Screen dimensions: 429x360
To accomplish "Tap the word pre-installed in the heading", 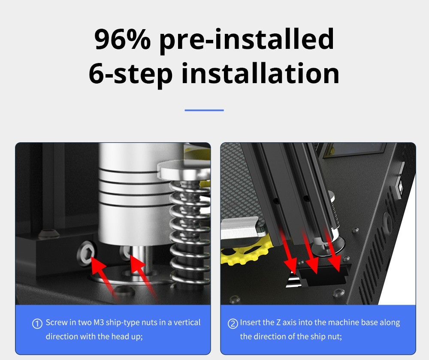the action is click(x=247, y=40).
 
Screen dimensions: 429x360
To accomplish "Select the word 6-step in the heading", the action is click(x=130, y=74).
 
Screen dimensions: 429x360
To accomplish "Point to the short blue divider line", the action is click(x=204, y=110).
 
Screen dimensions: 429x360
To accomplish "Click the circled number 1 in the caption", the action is click(x=37, y=324).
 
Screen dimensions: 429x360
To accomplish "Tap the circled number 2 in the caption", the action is click(x=233, y=324).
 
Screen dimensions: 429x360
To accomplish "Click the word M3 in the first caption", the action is click(x=99, y=323).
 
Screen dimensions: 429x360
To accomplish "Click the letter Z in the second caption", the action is click(x=278, y=323).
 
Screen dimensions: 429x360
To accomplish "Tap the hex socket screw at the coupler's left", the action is click(x=87, y=253).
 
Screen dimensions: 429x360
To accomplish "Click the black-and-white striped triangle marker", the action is click(x=293, y=279).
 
